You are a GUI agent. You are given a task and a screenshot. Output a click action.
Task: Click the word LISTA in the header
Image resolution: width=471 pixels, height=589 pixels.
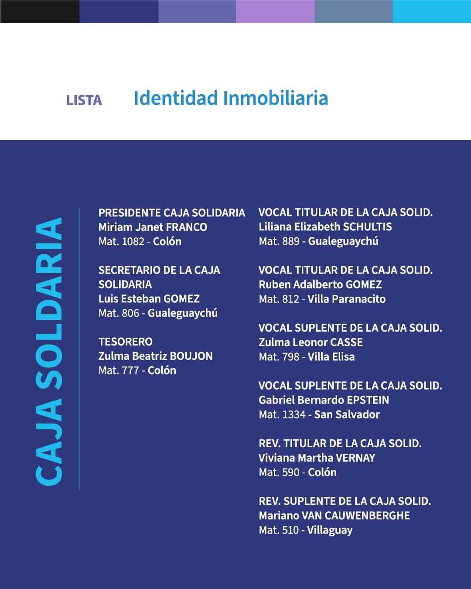[84, 100]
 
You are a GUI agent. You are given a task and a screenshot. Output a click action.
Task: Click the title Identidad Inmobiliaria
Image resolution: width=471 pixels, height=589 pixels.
[231, 98]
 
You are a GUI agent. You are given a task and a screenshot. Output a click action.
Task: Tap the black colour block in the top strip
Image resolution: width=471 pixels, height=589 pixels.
[40, 11]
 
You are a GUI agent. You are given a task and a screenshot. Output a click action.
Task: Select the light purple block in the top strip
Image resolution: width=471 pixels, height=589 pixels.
[275, 11]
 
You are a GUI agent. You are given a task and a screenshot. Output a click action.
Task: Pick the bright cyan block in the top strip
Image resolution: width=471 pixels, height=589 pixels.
[432, 11]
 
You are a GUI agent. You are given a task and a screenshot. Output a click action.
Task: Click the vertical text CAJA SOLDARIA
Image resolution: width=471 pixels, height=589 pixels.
[49, 351]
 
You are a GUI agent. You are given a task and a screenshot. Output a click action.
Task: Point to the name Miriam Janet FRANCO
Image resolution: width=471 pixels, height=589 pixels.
[153, 227]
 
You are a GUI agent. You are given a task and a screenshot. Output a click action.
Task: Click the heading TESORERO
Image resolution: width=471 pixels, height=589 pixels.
[126, 342]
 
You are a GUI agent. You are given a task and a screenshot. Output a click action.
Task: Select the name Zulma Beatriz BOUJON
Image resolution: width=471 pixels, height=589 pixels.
[155, 356]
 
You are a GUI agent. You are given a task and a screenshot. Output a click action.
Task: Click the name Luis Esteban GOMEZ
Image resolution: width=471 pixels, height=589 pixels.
[149, 299]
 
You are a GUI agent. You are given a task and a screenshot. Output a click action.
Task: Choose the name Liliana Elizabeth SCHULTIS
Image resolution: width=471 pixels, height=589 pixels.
[325, 227]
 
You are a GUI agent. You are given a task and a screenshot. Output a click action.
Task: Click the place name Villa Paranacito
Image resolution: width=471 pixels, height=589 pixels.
[347, 299]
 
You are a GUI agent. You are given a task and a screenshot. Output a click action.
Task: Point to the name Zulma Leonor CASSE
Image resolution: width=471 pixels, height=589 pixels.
[311, 342]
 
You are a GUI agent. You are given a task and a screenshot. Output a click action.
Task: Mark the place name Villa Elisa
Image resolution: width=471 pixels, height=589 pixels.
[331, 357]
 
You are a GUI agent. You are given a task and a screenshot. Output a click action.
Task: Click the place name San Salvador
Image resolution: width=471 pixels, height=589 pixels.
[347, 414]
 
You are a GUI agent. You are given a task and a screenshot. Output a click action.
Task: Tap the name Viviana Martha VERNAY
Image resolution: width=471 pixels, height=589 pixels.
[317, 458]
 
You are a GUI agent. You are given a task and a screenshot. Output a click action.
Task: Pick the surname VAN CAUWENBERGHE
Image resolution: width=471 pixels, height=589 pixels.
[356, 516]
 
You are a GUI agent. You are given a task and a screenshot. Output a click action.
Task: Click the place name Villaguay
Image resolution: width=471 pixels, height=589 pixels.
[330, 531]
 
